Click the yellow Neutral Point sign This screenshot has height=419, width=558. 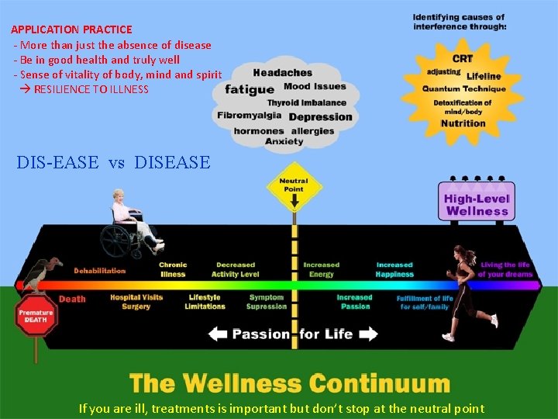(x=294, y=191)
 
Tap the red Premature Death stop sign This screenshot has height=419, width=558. (x=35, y=317)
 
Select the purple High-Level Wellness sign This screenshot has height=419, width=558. (x=477, y=203)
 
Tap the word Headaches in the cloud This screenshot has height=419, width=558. (x=282, y=73)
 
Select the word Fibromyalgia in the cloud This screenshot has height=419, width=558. (x=250, y=116)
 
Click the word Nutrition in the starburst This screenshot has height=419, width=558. (x=463, y=123)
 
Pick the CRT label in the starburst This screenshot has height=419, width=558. (x=463, y=59)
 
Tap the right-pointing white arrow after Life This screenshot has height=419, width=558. (x=368, y=334)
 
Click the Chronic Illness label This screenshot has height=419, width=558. (x=173, y=269)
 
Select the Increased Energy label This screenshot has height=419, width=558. (x=321, y=269)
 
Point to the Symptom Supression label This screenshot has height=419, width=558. (x=267, y=302)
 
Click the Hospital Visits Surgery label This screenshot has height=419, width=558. (x=136, y=302)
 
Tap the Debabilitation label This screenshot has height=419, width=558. (x=99, y=271)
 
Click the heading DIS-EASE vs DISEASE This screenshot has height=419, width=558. (x=113, y=162)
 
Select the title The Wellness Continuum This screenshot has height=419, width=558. (x=290, y=383)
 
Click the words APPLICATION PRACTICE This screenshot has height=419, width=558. (x=71, y=29)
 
